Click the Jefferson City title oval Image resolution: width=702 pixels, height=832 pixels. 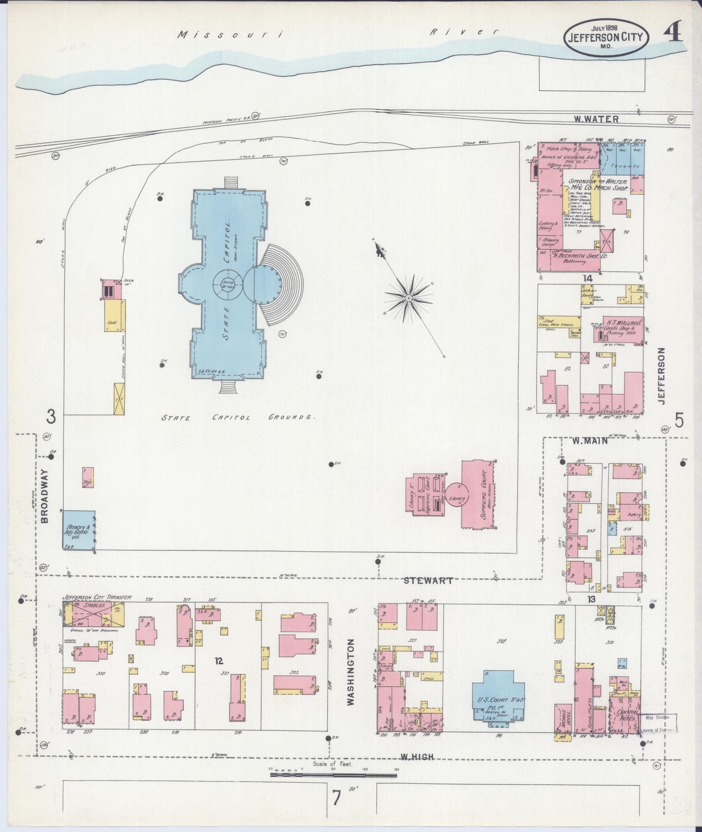(605, 38)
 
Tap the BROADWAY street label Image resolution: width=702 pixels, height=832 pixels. (45, 496)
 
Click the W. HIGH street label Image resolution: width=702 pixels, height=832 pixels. (417, 756)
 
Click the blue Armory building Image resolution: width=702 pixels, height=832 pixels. (79, 530)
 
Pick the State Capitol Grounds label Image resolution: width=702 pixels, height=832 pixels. (239, 417)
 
